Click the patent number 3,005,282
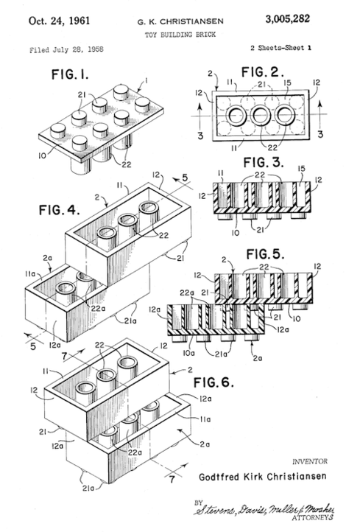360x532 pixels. (287, 19)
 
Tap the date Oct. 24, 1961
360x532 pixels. (60, 21)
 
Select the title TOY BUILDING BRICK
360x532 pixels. (180, 35)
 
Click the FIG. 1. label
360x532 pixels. (70, 74)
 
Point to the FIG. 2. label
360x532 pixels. (262, 72)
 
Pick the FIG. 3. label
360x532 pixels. (264, 163)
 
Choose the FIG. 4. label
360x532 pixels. (60, 210)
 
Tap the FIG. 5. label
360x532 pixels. (265, 253)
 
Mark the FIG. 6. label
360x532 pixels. (213, 382)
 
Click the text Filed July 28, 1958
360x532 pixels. (66, 49)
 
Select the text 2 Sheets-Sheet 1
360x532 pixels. (281, 48)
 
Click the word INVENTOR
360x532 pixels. (310, 461)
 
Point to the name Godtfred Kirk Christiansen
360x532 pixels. (263, 476)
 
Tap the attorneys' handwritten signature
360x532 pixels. (264, 508)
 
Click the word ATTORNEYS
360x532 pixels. (312, 518)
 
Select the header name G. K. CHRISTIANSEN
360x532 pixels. (180, 21)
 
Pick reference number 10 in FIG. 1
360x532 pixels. (43, 156)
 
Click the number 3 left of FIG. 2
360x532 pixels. (200, 136)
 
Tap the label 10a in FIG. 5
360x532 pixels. (188, 353)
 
